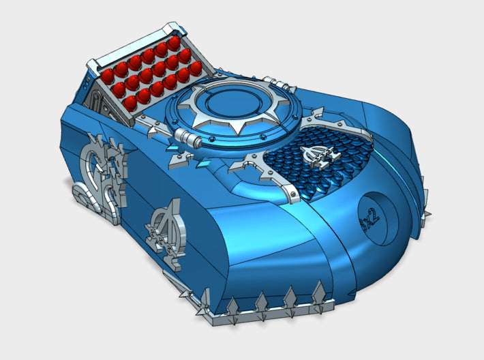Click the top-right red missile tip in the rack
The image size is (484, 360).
tap(175, 44)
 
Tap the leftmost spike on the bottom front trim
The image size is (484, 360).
tap(203, 300)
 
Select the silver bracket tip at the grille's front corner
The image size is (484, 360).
tap(292, 197)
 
